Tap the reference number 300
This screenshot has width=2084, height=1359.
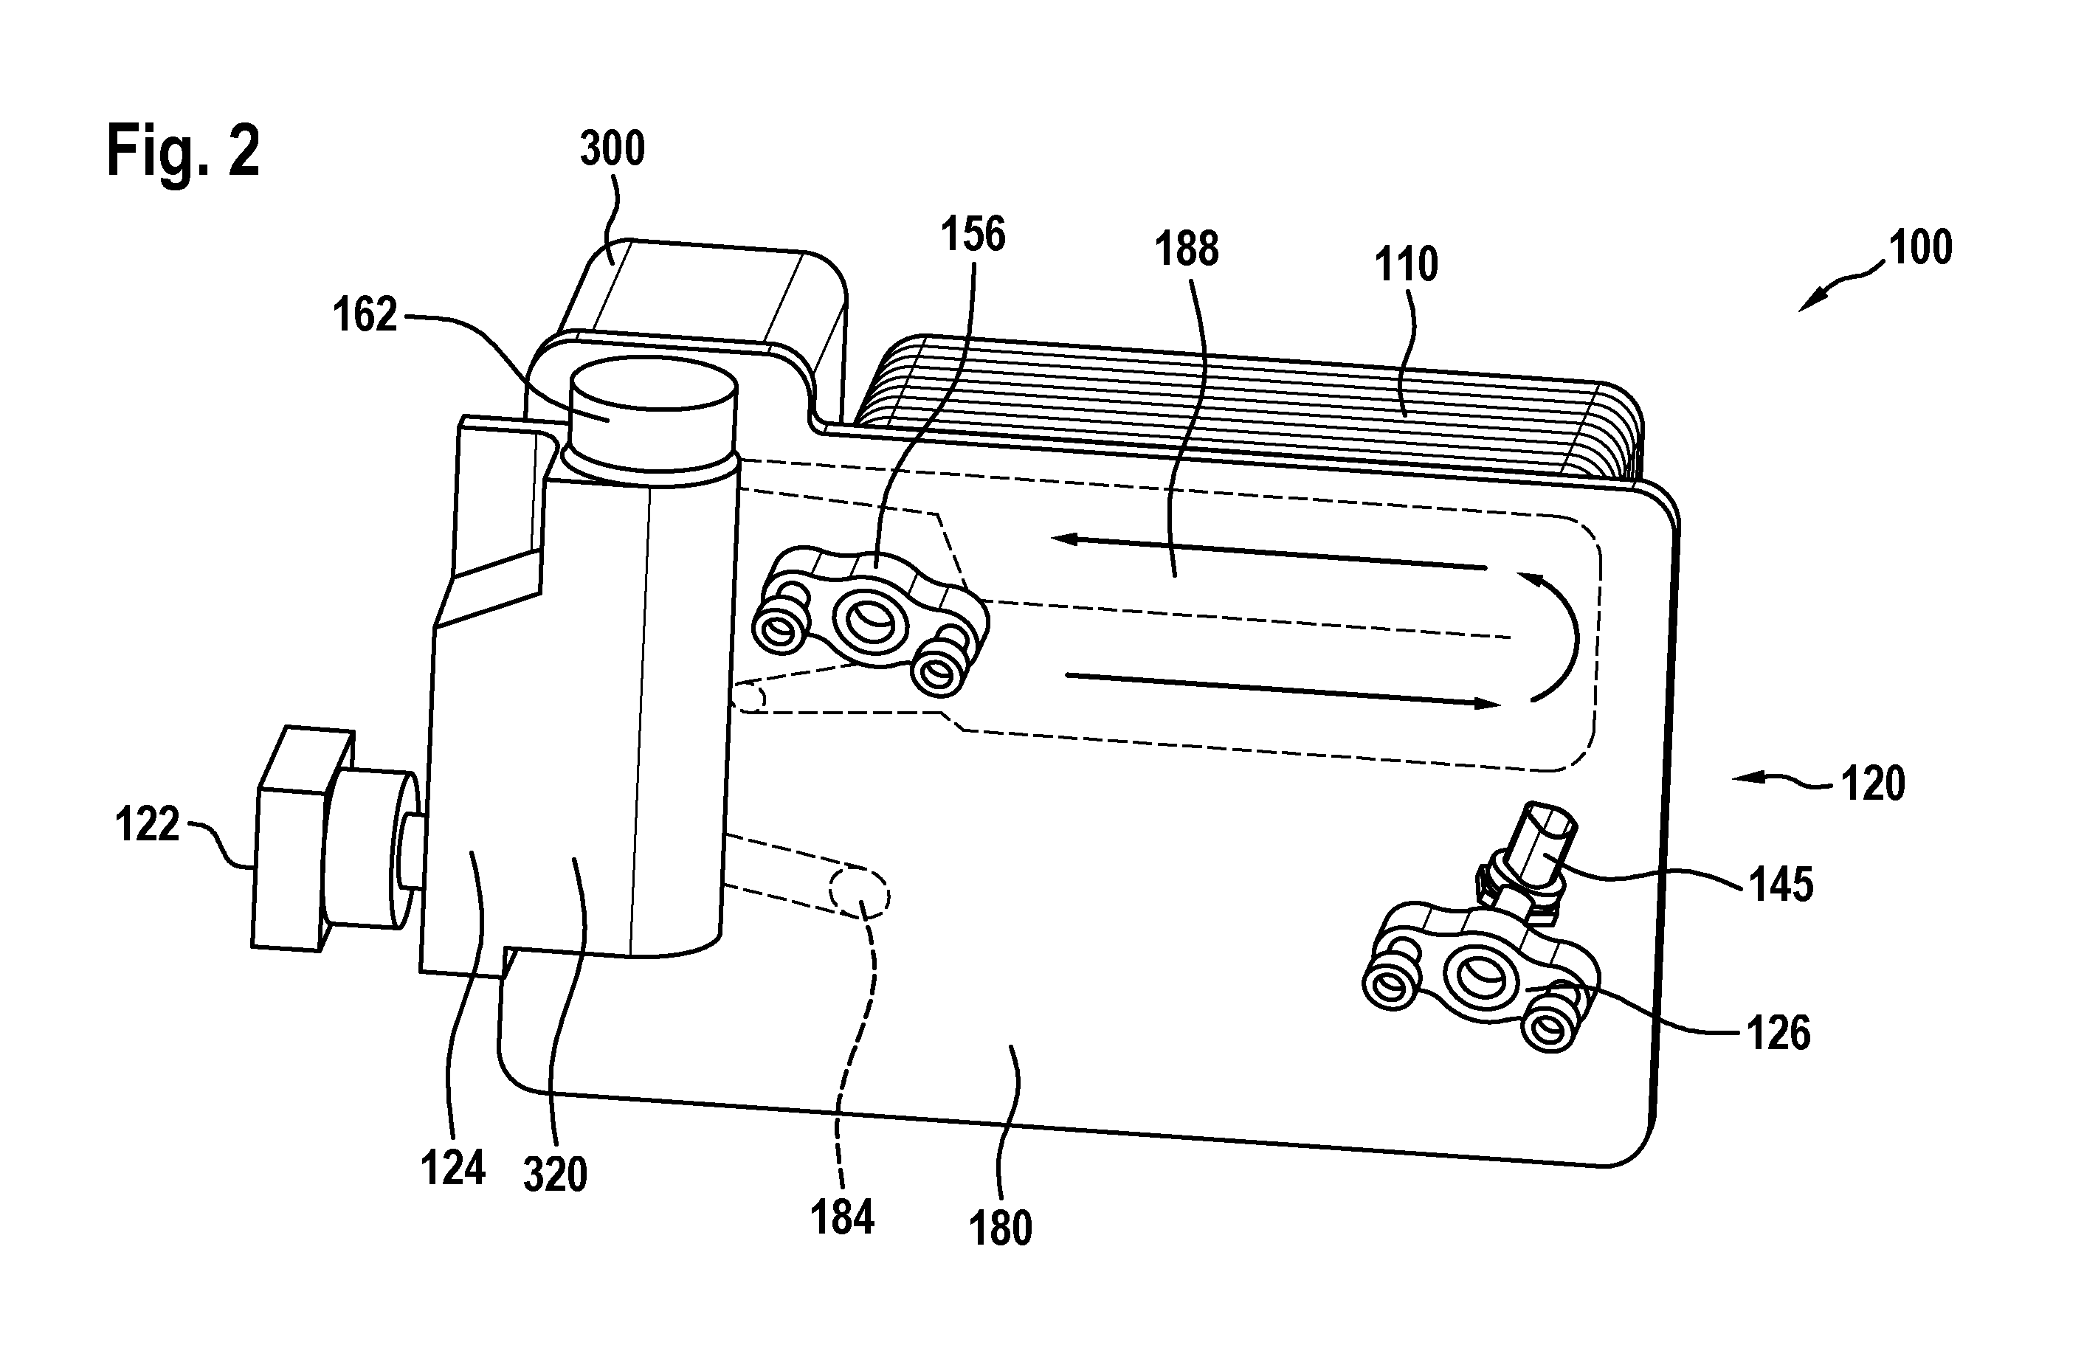click(x=612, y=149)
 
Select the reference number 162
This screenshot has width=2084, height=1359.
click(x=365, y=315)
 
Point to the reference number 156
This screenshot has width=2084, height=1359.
click(x=973, y=235)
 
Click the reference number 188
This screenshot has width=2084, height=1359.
click(x=1187, y=249)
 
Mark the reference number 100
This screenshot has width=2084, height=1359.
click(x=1920, y=248)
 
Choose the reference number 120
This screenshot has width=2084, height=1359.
click(x=1873, y=784)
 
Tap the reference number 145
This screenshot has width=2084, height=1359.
click(x=1781, y=885)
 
